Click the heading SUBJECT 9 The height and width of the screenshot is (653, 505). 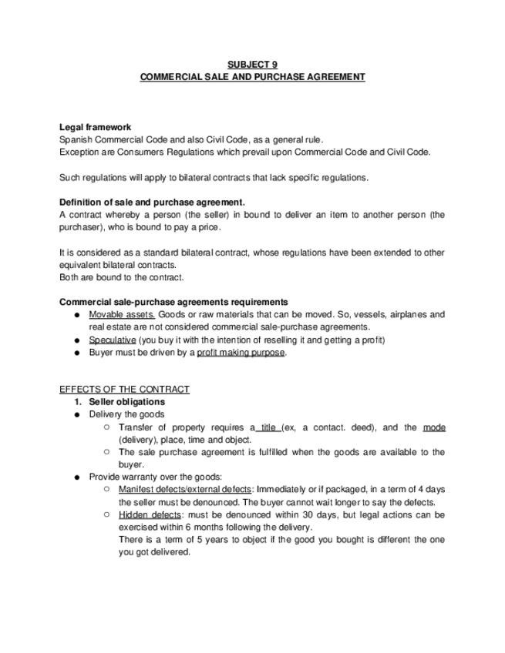pos(252,65)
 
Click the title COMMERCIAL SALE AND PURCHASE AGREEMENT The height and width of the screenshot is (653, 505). pos(252,77)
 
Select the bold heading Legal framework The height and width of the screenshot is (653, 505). pos(95,127)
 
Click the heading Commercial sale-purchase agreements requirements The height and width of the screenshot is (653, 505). pos(173,302)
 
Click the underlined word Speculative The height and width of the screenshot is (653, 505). pos(113,340)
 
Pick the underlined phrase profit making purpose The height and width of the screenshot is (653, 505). pos(241,353)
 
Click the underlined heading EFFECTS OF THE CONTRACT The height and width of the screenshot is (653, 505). pos(124,390)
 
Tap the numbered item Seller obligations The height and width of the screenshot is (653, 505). pos(126,402)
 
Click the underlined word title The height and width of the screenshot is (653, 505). pos(268,427)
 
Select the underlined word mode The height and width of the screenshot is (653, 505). pos(434,427)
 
